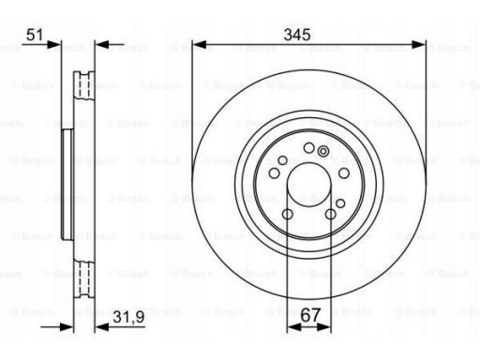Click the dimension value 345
point(297,35)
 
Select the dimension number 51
point(35,35)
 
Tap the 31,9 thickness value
point(128,317)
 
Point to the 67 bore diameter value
point(310,315)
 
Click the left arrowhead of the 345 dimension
point(199,45)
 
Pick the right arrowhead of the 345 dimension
point(418,45)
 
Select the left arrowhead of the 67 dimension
point(294,327)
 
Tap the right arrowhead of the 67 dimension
point(324,327)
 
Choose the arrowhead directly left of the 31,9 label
point(101,327)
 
